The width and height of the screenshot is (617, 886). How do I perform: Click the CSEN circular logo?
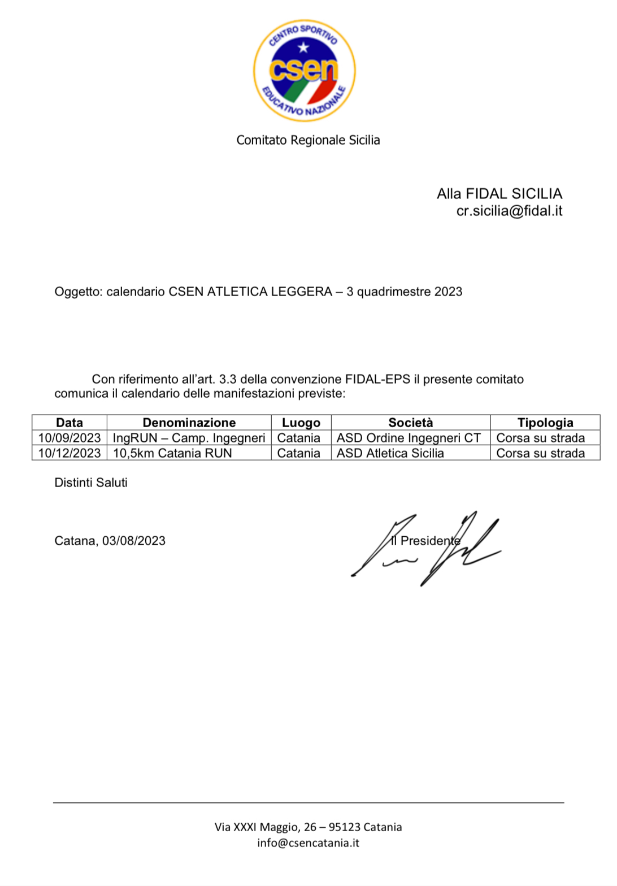pos(304,71)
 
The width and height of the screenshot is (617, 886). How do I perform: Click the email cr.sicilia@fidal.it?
pos(509,211)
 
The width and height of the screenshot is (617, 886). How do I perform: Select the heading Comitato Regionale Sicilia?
pos(308,140)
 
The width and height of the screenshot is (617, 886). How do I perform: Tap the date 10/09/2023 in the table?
pos(69,438)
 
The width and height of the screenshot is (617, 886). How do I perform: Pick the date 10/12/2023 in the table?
pos(69,453)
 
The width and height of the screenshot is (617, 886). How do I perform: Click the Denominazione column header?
pos(189,423)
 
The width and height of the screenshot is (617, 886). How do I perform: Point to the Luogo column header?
pos(301,423)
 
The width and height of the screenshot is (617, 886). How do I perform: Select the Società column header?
pos(411,423)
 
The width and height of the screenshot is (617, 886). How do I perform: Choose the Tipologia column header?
pos(545,423)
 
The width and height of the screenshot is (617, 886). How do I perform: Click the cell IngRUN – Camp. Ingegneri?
pos(189,438)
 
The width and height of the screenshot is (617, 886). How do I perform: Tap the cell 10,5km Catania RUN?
pos(172,453)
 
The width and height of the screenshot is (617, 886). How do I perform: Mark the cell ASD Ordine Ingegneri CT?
pos(409,438)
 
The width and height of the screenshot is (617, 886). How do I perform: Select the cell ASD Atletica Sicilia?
pos(390,453)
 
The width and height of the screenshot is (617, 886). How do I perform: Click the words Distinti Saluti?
pos(91,483)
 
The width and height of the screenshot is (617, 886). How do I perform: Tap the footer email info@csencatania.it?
pos(308,843)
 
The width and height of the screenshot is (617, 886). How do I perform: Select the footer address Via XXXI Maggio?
pos(308,827)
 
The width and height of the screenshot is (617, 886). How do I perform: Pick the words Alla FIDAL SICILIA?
pos(499,194)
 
